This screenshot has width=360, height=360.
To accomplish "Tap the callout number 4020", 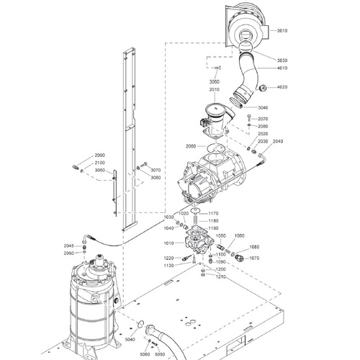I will (x=282, y=88).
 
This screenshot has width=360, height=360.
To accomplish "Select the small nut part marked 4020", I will (x=261, y=88).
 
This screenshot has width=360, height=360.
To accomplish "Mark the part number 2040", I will (x=279, y=141).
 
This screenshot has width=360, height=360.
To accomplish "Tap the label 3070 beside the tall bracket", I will (x=156, y=170).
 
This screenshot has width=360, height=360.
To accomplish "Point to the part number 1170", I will (x=213, y=213).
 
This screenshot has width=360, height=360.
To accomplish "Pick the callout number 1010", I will (x=168, y=244).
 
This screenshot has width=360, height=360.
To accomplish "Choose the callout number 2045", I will (x=68, y=246).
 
